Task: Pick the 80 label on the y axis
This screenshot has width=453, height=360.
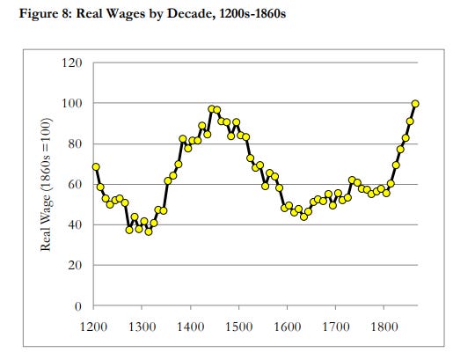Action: coord(74,144)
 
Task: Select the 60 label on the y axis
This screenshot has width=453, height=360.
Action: coord(74,185)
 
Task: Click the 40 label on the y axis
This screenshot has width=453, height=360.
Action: coord(74,225)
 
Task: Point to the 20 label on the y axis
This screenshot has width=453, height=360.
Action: coord(74,266)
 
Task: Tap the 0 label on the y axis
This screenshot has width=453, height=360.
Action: coord(77,306)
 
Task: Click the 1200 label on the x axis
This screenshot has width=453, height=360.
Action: coord(95,326)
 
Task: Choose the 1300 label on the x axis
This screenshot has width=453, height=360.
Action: coord(143,326)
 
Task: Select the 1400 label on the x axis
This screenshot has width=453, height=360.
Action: coord(192,326)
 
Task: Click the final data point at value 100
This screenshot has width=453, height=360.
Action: coord(415,104)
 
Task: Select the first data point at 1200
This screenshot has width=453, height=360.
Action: coord(95,166)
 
